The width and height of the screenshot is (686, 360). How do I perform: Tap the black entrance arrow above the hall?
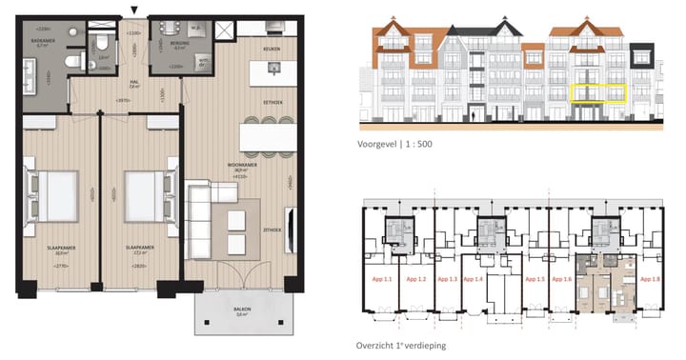[133, 10]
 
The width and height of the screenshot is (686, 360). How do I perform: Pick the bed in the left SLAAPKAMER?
[57, 195]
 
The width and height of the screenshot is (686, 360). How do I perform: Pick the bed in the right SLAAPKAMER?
[143, 195]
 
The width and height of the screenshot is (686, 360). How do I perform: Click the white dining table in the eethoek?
[265, 139]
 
